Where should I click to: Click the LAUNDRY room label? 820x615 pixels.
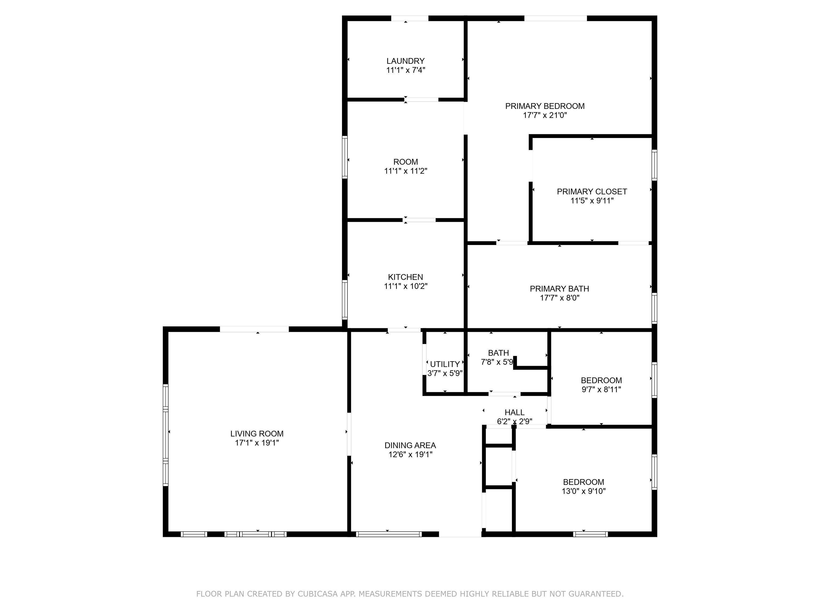coord(405,61)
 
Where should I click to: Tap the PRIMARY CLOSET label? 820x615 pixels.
coord(592,192)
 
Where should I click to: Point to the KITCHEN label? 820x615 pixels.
coord(405,277)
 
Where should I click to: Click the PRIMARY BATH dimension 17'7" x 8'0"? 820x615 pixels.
coord(559,298)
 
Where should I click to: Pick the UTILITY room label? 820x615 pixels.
coord(445,364)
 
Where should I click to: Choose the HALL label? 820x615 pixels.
coord(515,412)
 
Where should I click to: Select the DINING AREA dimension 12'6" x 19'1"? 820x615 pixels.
coord(410,455)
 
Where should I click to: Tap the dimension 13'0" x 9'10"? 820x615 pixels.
coord(584,491)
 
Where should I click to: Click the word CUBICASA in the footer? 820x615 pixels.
coord(317,594)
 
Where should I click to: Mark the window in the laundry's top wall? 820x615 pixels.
coord(410,18)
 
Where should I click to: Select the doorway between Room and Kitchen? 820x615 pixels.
coord(420,220)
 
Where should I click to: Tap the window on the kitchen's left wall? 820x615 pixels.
coord(345,299)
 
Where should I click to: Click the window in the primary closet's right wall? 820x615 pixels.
coord(654,165)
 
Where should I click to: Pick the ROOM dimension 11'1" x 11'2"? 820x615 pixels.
coord(405,171)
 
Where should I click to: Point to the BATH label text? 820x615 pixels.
coord(498,353)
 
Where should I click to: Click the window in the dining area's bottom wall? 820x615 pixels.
coord(389,534)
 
